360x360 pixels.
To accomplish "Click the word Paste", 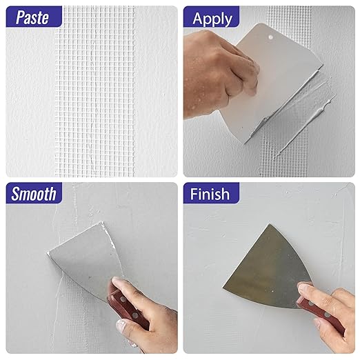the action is click(x=32, y=17).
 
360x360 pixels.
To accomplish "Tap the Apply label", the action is click(x=212, y=19).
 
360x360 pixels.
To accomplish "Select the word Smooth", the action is click(x=34, y=194).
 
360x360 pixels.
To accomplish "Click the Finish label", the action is click(x=210, y=194).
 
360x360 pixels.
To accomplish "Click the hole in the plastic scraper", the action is click(x=270, y=37).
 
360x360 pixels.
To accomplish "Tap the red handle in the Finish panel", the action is click(x=322, y=315).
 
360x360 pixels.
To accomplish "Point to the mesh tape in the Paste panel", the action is click(x=94, y=92).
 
